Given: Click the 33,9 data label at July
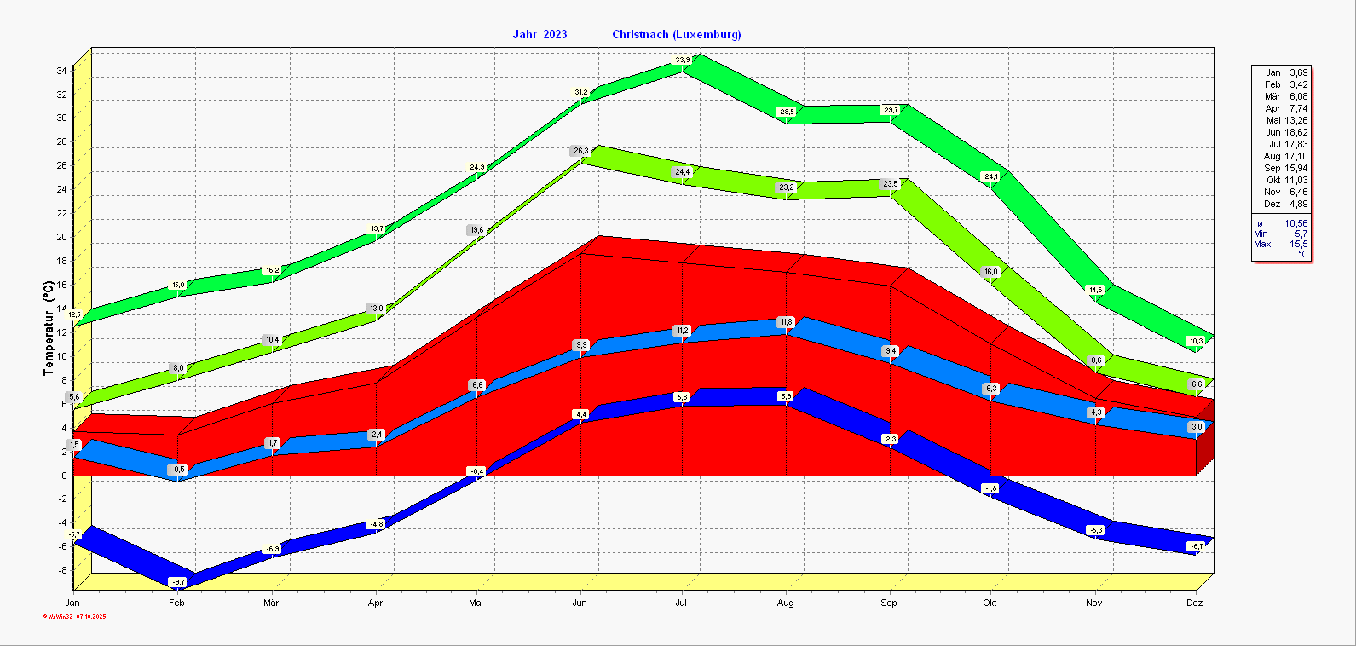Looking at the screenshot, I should coord(683,60).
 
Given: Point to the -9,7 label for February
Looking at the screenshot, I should coord(177,582).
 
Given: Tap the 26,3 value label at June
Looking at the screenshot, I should coord(580,151).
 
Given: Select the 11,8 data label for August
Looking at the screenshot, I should coord(786,322).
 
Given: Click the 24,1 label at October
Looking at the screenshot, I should coord(990,177).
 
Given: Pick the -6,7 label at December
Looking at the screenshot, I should coord(1196,546).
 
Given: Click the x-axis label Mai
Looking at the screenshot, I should coord(476,603).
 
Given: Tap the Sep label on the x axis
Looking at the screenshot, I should coord(888,603).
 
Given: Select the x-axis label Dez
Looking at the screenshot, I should coord(1195,603).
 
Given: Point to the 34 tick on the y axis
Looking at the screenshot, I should coord(62,71).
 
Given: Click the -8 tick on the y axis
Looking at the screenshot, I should coord(63,570).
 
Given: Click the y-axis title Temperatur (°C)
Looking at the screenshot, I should coord(49,331).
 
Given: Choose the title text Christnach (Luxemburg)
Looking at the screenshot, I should coord(677,35).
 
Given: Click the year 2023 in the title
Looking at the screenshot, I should coord(554,35).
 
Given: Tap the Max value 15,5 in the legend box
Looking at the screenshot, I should coord(1298,245).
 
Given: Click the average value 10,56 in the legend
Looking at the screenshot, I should coord(1295,224).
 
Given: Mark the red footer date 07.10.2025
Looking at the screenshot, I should coord(90,616).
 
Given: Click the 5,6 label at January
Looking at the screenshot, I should coord(74,397).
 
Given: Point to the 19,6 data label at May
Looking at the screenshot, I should coord(476,230).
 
